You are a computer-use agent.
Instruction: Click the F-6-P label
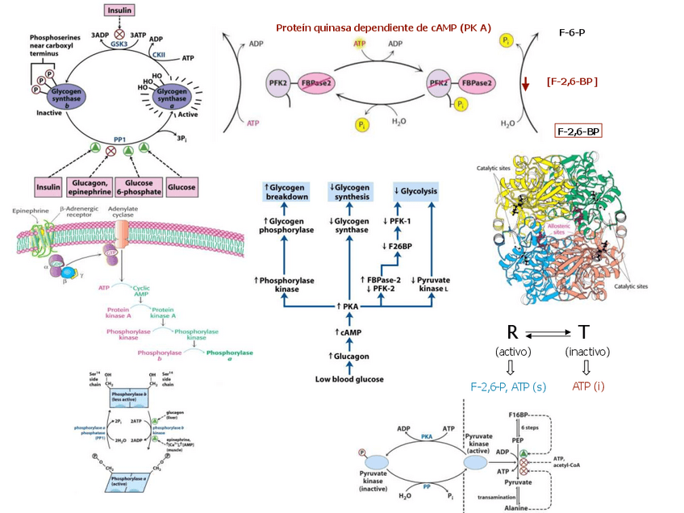pyautogui.click(x=571, y=34)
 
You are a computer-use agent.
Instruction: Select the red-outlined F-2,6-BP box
pyautogui.click(x=578, y=131)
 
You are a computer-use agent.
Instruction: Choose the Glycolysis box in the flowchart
pyautogui.click(x=418, y=192)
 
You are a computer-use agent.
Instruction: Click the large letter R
pyautogui.click(x=511, y=333)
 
